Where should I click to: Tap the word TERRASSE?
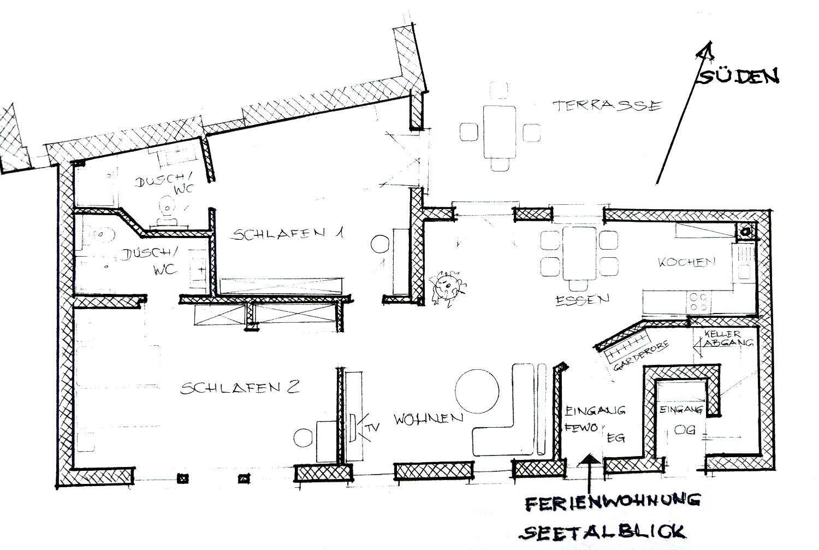tap(607, 105)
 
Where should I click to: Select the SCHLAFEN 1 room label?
tap(288, 235)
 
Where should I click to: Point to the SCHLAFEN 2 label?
tap(240, 388)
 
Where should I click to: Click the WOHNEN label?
tap(429, 419)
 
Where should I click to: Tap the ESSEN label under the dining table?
tap(581, 299)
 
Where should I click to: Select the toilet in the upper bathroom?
tap(167, 210)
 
